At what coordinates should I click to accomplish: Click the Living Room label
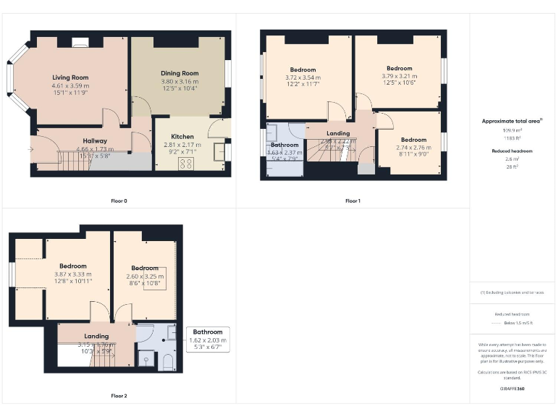click(x=70, y=77)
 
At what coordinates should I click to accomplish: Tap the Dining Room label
click(x=180, y=73)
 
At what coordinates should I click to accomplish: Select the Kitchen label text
click(x=182, y=136)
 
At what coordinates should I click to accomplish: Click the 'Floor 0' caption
click(x=119, y=200)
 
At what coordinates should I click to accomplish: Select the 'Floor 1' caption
click(x=353, y=200)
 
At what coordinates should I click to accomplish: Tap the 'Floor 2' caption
click(x=119, y=396)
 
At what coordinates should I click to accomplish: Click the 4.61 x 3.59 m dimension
click(x=70, y=85)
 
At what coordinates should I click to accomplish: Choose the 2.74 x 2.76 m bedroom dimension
click(x=413, y=147)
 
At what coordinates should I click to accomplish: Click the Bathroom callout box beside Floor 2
click(x=208, y=340)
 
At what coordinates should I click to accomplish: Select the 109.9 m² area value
click(x=512, y=131)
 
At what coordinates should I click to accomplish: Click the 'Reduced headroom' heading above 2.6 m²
click(x=512, y=151)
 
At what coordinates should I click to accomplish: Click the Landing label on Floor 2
click(x=96, y=336)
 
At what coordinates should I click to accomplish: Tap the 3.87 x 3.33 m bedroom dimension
click(x=73, y=274)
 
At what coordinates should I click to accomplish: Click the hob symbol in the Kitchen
click(x=182, y=164)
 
